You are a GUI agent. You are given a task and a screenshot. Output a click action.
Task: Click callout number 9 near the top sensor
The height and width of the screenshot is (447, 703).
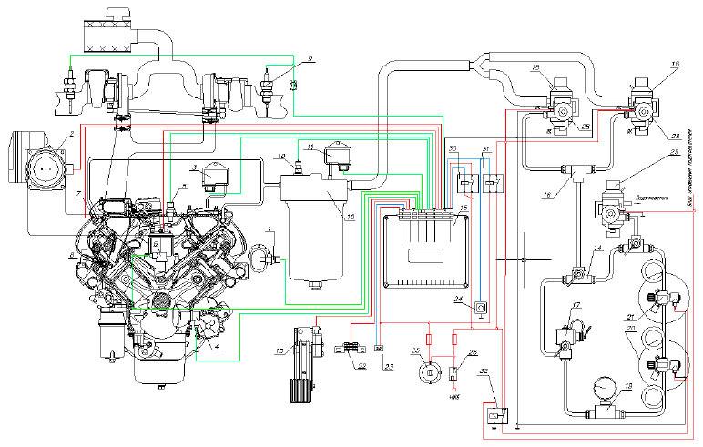pyautogui.click(x=310, y=58)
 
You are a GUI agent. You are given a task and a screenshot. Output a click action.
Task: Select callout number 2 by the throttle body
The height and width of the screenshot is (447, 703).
pyautogui.click(x=70, y=135)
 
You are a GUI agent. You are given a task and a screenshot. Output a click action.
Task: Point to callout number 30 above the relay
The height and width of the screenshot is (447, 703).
pyautogui.click(x=453, y=148)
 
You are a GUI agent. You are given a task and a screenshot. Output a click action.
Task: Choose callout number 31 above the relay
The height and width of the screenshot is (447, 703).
pyautogui.click(x=485, y=148)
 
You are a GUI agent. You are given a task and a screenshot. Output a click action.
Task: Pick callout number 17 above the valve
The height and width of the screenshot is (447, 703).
pyautogui.click(x=576, y=304)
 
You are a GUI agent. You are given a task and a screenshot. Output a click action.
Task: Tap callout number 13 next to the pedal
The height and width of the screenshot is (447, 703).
pyautogui.click(x=281, y=349)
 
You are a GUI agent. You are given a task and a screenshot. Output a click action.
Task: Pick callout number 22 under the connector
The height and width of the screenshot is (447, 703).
pyautogui.click(x=362, y=366)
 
